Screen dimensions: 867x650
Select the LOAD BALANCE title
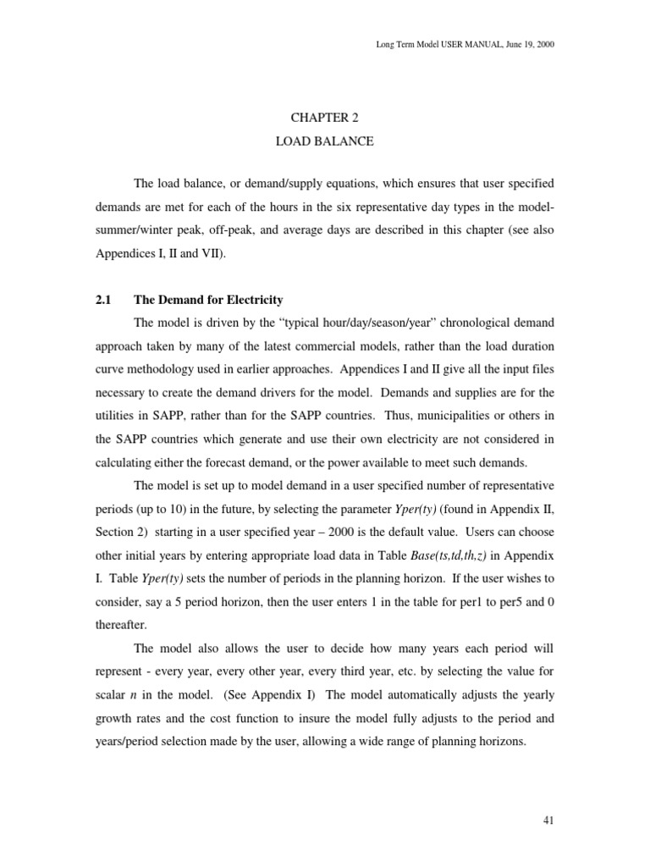[324, 141]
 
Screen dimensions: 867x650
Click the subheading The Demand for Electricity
[207, 300]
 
